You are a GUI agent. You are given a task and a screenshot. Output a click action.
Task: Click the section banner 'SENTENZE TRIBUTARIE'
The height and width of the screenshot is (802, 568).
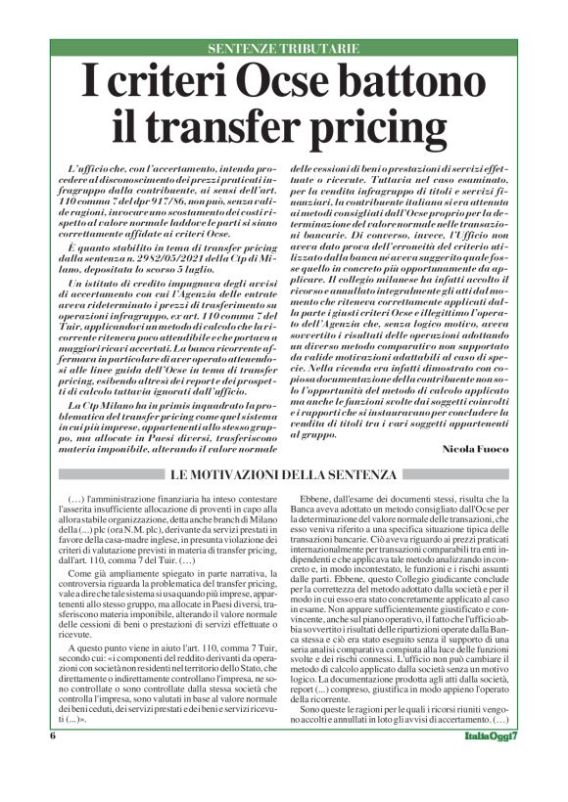[284, 48]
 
